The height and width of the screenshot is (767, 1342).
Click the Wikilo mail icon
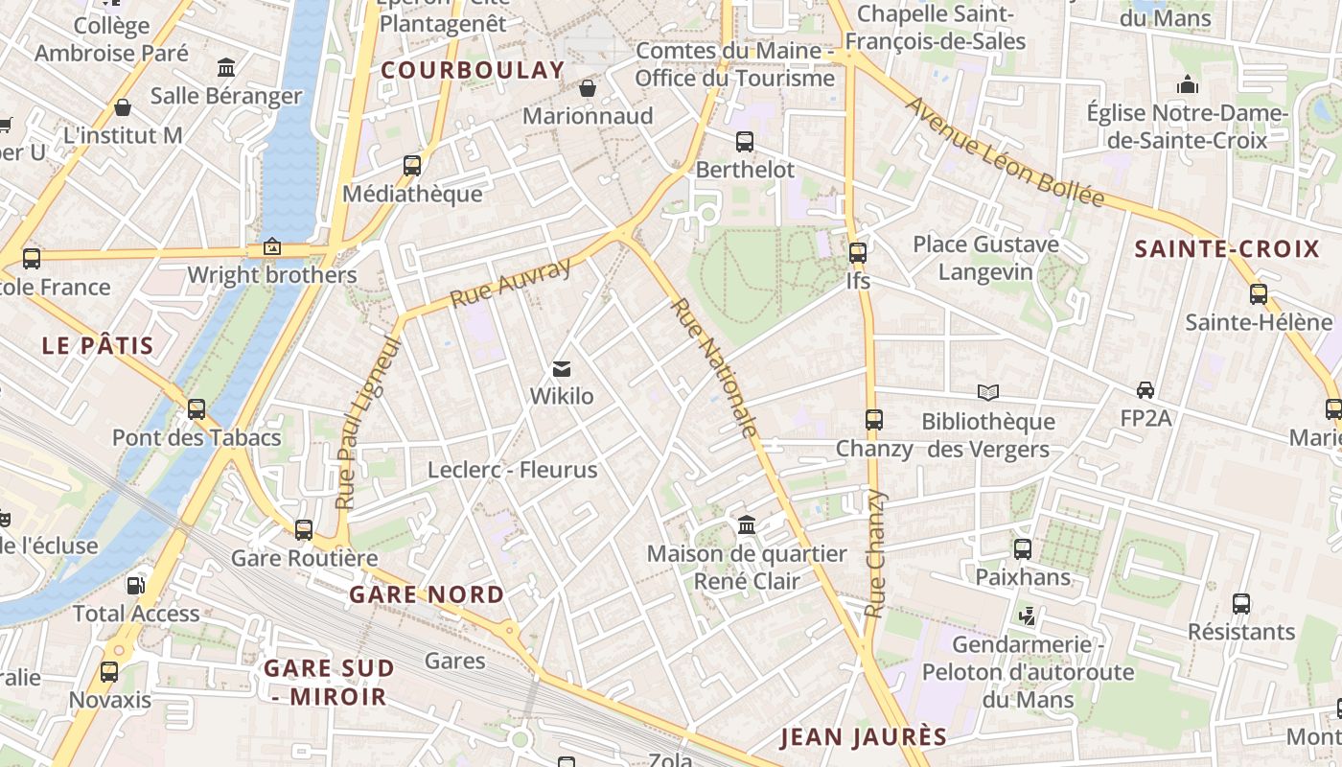(x=562, y=369)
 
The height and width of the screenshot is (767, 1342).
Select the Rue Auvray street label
(x=510, y=282)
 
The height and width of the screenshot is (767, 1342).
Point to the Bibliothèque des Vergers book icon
(x=987, y=392)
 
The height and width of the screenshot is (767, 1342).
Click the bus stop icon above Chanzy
(x=873, y=420)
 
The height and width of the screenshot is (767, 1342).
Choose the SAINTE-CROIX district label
(x=1227, y=250)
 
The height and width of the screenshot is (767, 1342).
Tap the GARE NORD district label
(x=427, y=594)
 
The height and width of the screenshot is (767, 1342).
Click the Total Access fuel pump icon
(x=135, y=585)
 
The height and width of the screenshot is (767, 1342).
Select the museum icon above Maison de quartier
(x=746, y=525)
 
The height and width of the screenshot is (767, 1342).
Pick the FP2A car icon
(x=1145, y=390)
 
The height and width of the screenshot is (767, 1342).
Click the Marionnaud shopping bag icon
(x=588, y=89)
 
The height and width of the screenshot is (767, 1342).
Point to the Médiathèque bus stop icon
(x=412, y=166)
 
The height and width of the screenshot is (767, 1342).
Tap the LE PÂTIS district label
(x=98, y=345)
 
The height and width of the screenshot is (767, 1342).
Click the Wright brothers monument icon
(x=272, y=247)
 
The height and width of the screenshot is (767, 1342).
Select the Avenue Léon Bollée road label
(x=1005, y=151)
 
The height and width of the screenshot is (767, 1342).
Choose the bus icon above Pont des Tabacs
(x=197, y=409)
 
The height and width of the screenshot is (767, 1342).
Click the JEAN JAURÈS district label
(x=863, y=737)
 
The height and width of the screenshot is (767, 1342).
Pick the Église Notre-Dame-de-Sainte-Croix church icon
(x=1188, y=85)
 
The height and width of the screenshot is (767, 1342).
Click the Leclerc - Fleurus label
(x=512, y=470)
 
